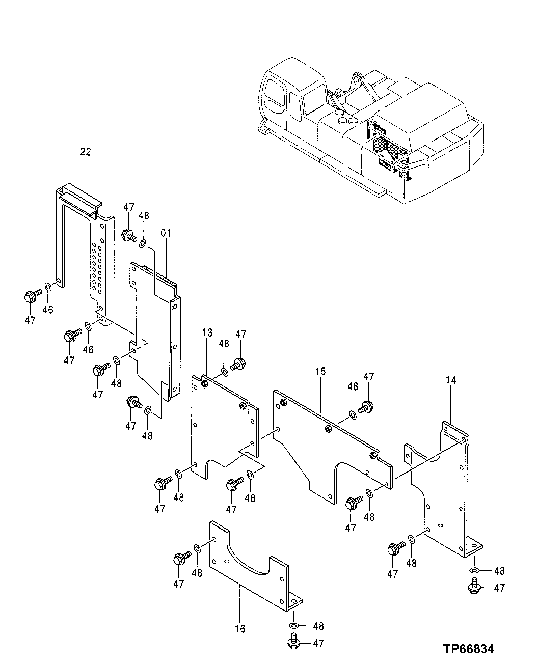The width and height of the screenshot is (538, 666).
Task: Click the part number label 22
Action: pyautogui.click(x=85, y=151)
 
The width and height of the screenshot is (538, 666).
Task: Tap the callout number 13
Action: pyautogui.click(x=206, y=333)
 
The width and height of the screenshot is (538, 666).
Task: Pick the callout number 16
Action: pyautogui.click(x=240, y=629)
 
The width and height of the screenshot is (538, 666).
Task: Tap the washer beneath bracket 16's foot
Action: pyautogui.click(x=294, y=626)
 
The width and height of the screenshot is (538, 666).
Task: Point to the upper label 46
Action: pyautogui.click(x=47, y=309)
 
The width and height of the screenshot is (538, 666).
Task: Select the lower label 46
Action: pyautogui.click(x=88, y=349)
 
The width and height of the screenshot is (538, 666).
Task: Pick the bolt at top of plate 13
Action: pyautogui.click(x=237, y=364)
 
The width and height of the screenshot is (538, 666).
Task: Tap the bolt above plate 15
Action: pyautogui.click(x=365, y=407)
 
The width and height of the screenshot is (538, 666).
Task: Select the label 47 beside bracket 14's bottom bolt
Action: pyautogui.click(x=499, y=588)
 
